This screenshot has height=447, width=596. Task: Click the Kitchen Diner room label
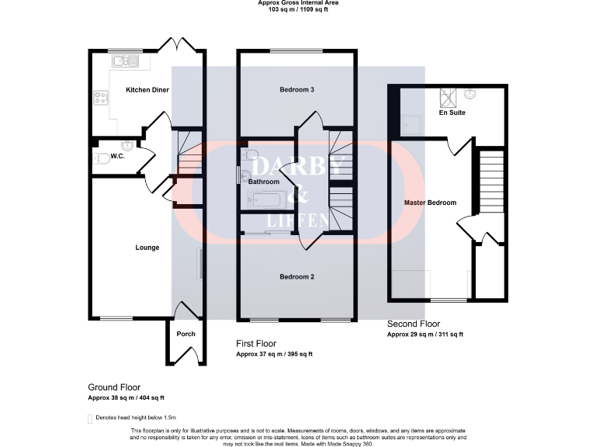(147, 90)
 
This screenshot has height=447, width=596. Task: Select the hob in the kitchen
(100, 98)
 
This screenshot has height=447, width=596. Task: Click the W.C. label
(118, 156)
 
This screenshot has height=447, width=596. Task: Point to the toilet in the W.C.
(100, 159)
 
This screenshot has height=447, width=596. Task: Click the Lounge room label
(147, 248)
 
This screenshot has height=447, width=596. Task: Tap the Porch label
(186, 334)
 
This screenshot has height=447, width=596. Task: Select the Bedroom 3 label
(296, 90)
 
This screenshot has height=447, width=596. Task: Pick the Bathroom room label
(264, 182)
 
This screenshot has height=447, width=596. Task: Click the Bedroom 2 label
(296, 276)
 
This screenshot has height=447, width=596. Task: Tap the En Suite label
(452, 113)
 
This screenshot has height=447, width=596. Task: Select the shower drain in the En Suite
(447, 95)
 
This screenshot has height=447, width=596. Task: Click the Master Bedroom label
(431, 203)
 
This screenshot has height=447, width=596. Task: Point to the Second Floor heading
(414, 324)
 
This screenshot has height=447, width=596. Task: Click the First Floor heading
(256, 343)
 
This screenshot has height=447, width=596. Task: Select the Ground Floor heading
(114, 386)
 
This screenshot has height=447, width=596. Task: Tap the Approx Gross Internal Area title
(298, 3)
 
